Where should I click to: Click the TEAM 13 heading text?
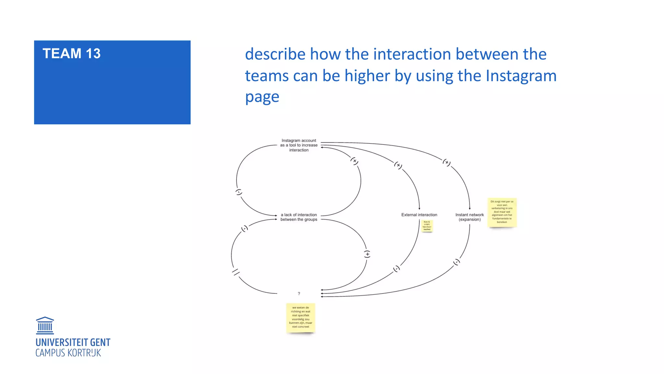pyautogui.click(x=71, y=54)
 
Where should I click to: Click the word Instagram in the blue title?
pyautogui.click(x=521, y=76)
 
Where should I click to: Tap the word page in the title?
pyautogui.click(x=262, y=97)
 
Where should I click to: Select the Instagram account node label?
pyautogui.click(x=299, y=145)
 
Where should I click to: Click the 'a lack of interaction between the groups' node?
pyautogui.click(x=299, y=217)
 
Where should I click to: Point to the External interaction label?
pyautogui.click(x=419, y=215)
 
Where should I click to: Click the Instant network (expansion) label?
pyautogui.click(x=469, y=217)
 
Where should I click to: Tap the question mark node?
pyautogui.click(x=299, y=293)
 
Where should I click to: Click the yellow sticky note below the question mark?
pyautogui.click(x=301, y=318)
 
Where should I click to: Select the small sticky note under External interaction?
pyautogui.click(x=427, y=226)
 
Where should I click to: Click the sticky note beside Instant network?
pyautogui.click(x=502, y=212)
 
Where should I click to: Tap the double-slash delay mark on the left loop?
pyautogui.click(x=236, y=272)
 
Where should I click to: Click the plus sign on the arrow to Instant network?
pyautogui.click(x=447, y=162)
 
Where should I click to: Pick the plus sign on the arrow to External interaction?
pyautogui.click(x=398, y=165)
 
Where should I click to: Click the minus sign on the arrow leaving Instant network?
pyautogui.click(x=456, y=262)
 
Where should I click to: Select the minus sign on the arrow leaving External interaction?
pyautogui.click(x=397, y=269)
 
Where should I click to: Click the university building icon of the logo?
pyautogui.click(x=45, y=326)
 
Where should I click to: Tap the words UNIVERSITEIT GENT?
pyautogui.click(x=73, y=343)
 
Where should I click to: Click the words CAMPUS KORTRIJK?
pyautogui.click(x=68, y=353)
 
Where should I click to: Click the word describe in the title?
pyautogui.click(x=275, y=54)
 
